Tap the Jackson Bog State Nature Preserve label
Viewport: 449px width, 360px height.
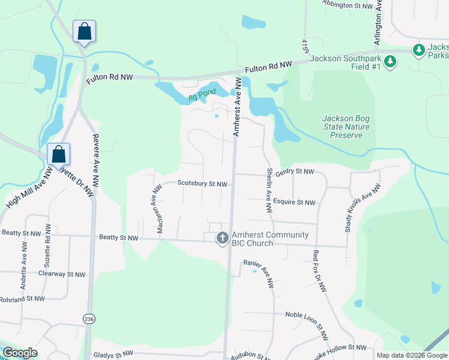coord(346,127)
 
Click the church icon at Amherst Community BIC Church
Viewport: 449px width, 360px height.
coord(222,238)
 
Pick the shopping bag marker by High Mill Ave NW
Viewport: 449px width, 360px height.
coord(59,154)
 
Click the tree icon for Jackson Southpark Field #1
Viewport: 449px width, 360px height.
coord(390,61)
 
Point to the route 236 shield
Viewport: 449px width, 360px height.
coord(89,318)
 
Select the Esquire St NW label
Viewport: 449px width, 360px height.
coord(294,203)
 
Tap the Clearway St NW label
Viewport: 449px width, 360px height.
coord(62,274)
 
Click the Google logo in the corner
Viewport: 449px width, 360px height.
coord(20,353)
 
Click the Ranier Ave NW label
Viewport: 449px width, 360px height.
coord(259,273)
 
